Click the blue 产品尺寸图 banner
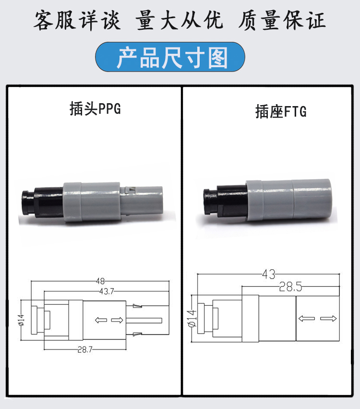click(x=170, y=57)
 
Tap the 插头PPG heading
click(x=95, y=109)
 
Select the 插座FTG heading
click(x=281, y=112)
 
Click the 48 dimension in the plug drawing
click(x=100, y=281)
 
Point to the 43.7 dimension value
click(x=107, y=291)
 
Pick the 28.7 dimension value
click(x=85, y=349)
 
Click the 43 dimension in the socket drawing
click(x=269, y=274)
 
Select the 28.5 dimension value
click(x=290, y=287)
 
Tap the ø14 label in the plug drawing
click(x=21, y=320)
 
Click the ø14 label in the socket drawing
click(x=192, y=318)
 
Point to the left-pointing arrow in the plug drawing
click(x=101, y=320)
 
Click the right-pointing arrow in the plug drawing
click(x=117, y=320)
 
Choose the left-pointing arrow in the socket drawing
click(x=307, y=318)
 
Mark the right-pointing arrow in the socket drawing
click(x=328, y=318)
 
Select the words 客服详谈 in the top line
click(x=77, y=20)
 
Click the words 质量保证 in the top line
click(x=282, y=20)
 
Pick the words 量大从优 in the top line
click(x=179, y=20)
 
